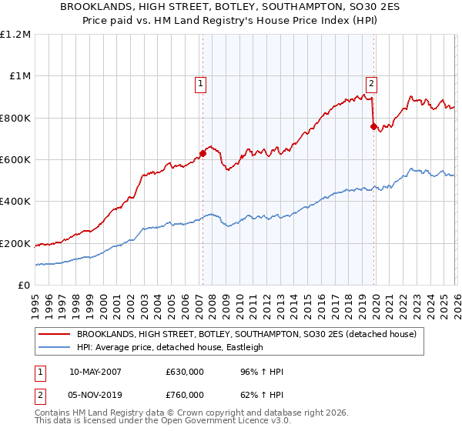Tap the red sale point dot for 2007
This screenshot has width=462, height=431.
pos(203,152)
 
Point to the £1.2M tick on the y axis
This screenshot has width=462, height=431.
pos(16,35)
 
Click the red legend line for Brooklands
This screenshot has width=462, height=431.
pos(55,334)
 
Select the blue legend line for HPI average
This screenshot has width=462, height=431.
pos(55,347)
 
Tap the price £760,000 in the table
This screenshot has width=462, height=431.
pos(185,395)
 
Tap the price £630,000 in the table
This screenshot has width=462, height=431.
pos(185,373)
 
